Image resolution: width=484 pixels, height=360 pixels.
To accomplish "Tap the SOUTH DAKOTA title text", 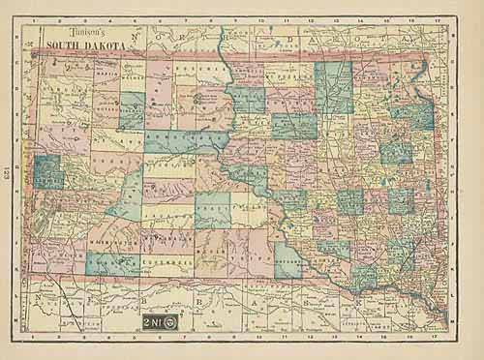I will coord(73,45).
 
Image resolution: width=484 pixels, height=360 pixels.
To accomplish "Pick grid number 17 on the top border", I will coord(441,19).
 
